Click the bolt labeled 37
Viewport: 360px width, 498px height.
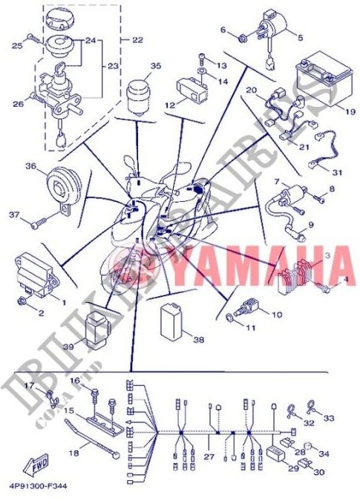(x=42, y=220)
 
